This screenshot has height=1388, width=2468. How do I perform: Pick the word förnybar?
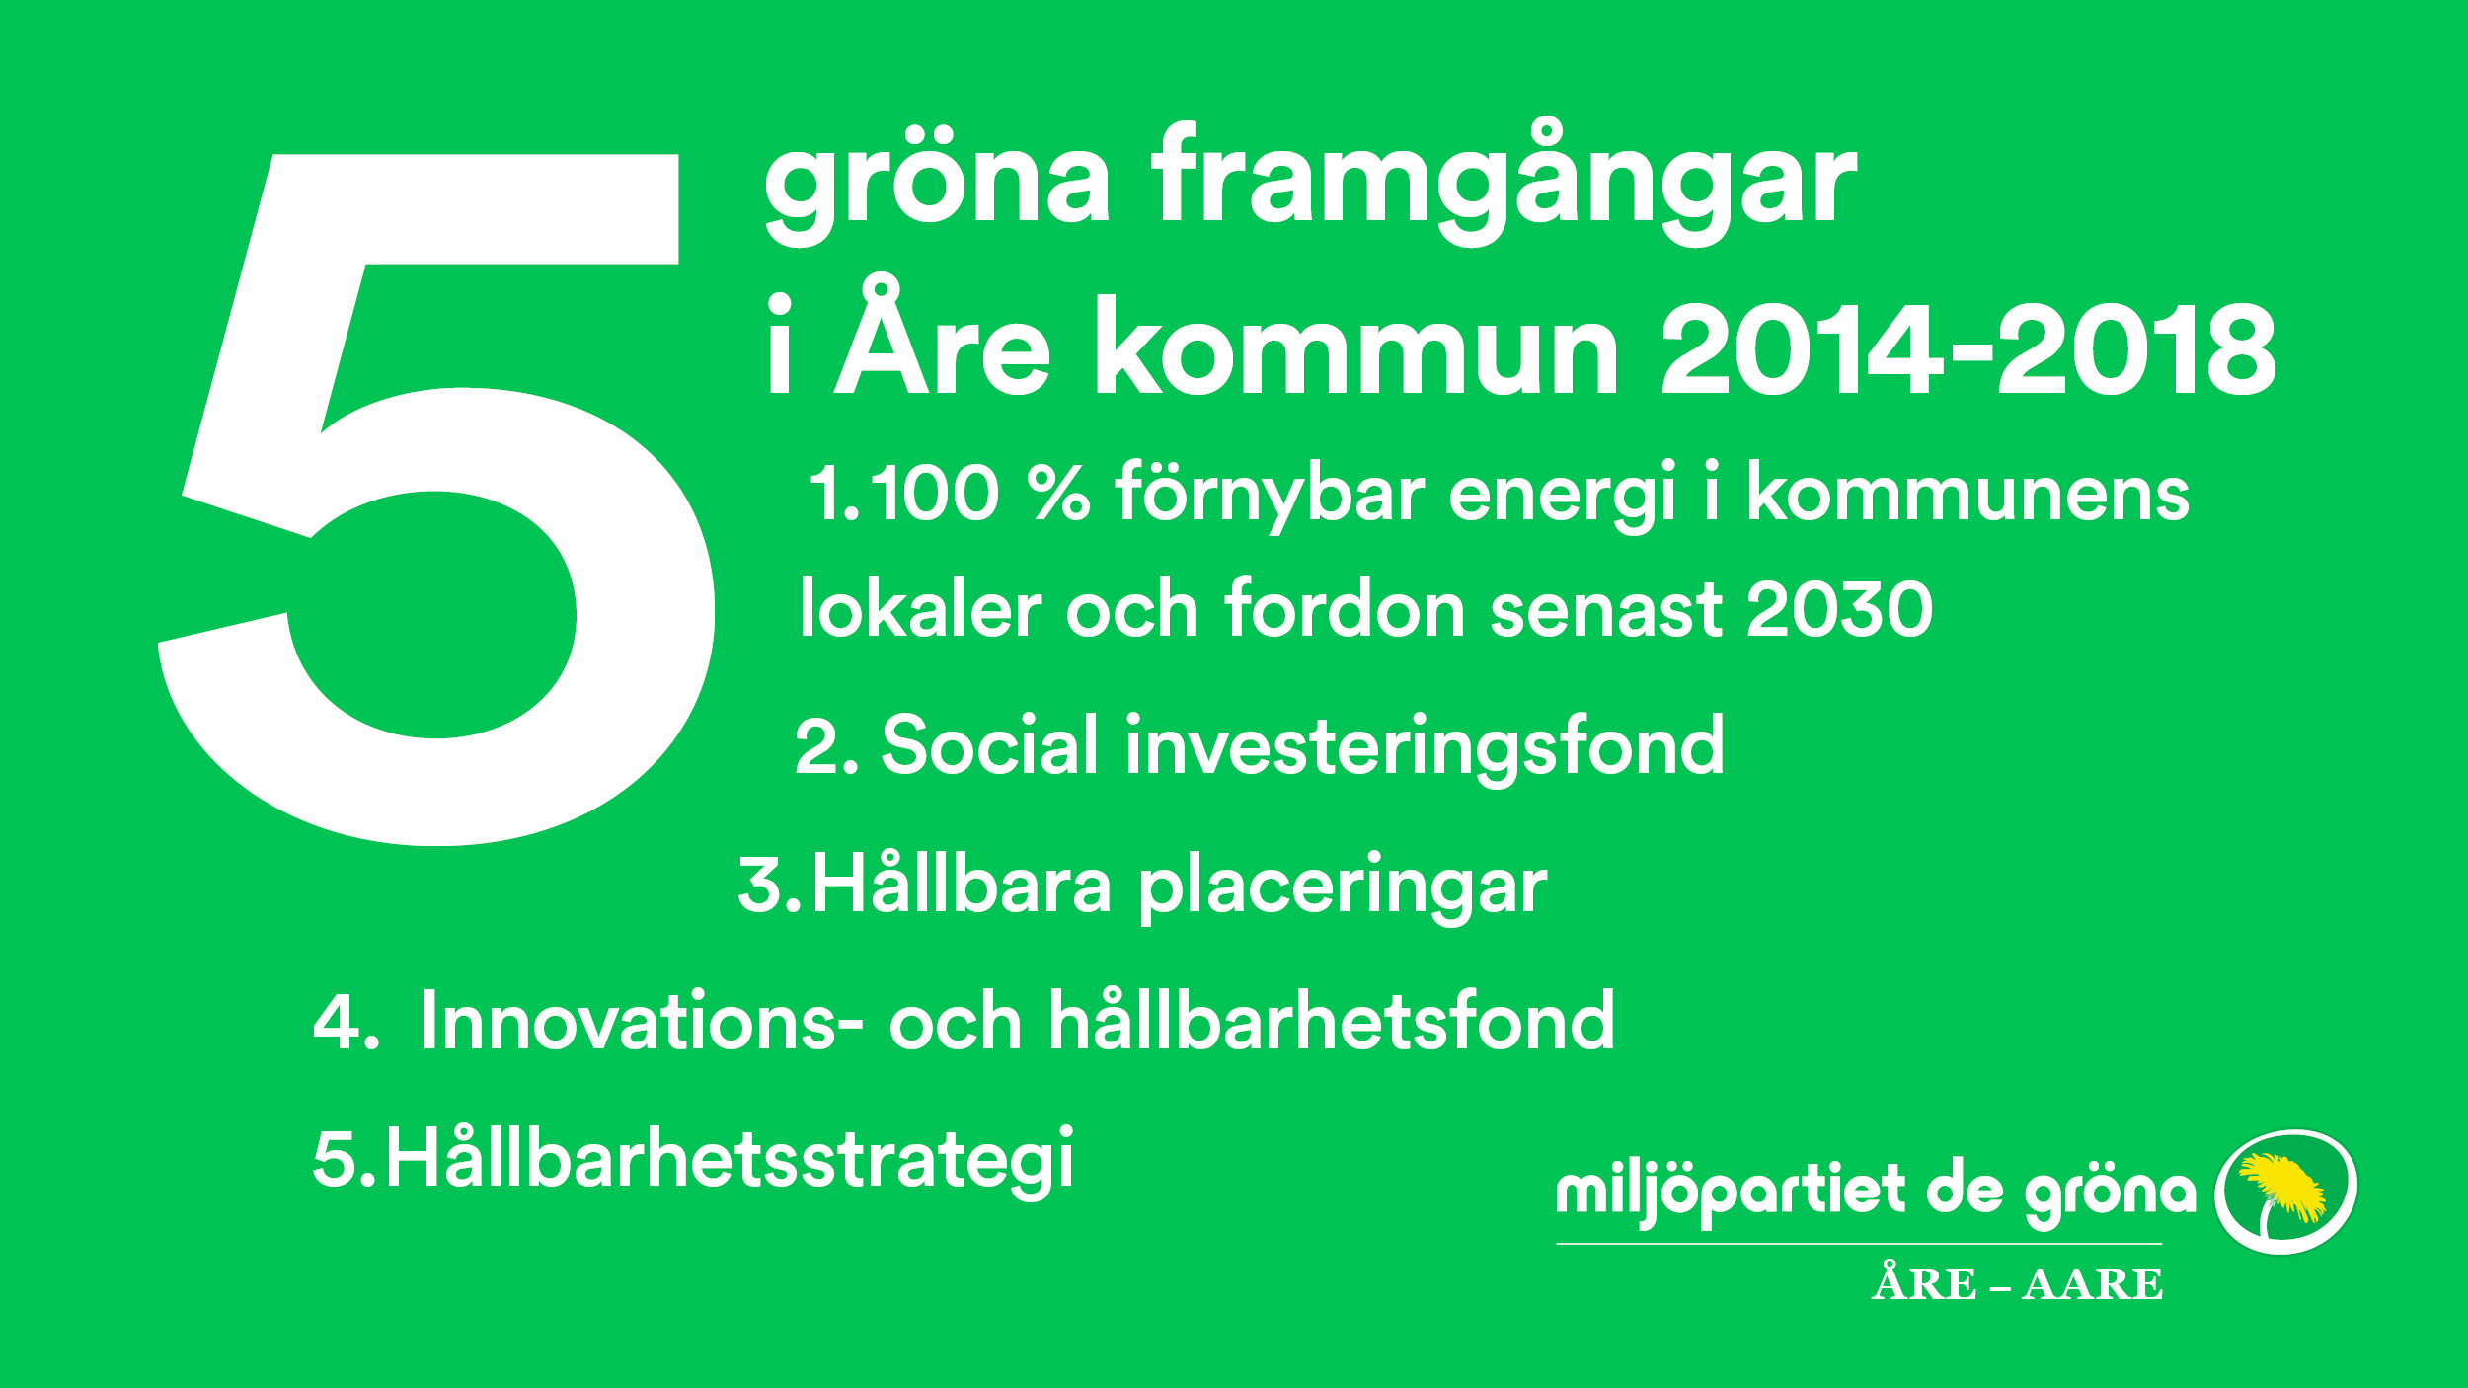coord(1271,494)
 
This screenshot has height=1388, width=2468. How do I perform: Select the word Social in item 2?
coord(989,745)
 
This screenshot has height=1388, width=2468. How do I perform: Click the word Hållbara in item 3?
coord(962,884)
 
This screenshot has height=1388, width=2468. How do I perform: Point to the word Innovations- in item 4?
coord(642,1021)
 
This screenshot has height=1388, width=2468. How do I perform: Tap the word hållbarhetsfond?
coord(1332,1021)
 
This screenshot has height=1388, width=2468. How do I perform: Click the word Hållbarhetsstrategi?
coord(730,1162)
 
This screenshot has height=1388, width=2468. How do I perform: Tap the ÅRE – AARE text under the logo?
coord(2017,1282)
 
